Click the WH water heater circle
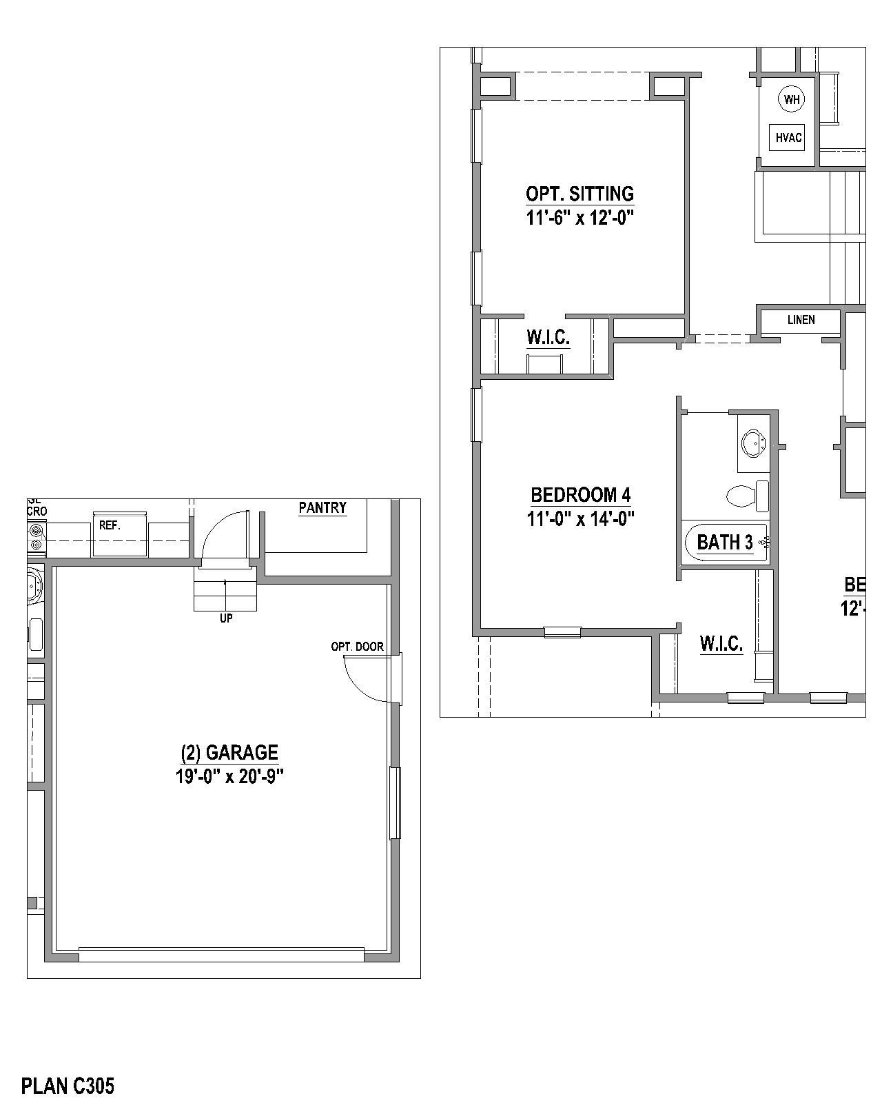[x=792, y=99]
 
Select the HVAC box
[x=789, y=138]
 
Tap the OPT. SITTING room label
[x=580, y=194]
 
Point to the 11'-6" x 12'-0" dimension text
[x=580, y=219]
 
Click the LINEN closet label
[x=801, y=320]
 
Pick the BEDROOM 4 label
[x=580, y=494]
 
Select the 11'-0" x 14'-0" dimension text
[x=580, y=518]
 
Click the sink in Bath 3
[x=753, y=443]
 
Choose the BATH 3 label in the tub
[x=725, y=543]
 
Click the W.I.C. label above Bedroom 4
[x=548, y=338]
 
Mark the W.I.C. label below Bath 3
[x=721, y=644]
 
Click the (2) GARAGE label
[x=229, y=751]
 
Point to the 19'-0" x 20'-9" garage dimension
[x=229, y=776]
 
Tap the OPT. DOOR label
[x=357, y=647]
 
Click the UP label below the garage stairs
[x=226, y=618]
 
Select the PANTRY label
[x=322, y=508]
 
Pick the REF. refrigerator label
[x=110, y=525]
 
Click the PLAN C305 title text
[x=68, y=1086]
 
